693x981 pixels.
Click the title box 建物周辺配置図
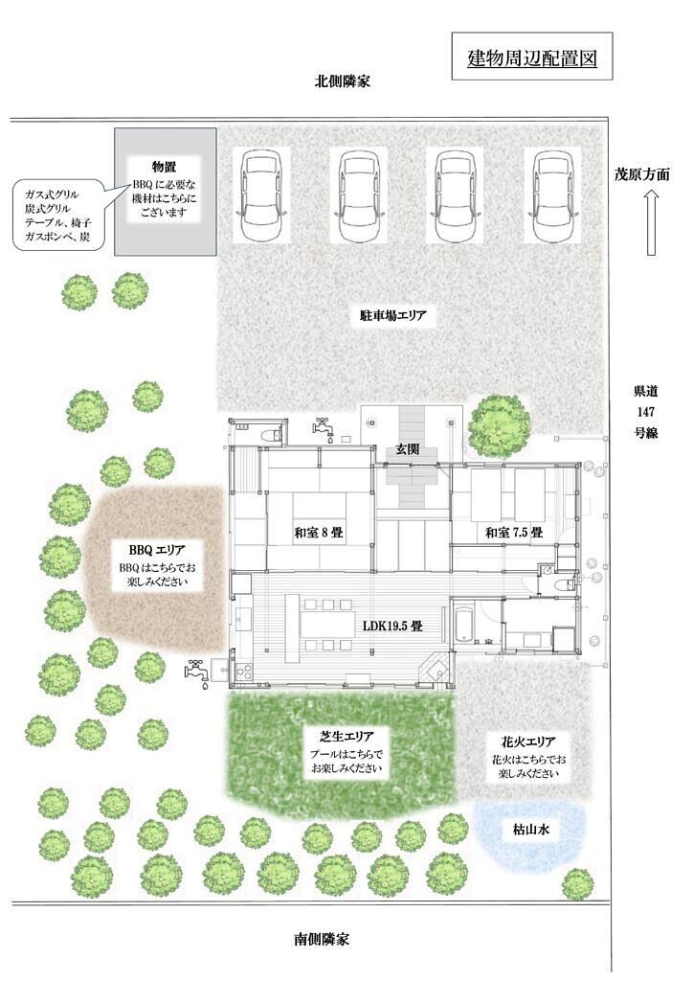click(531, 57)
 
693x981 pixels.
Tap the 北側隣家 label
click(342, 81)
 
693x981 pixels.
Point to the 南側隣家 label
click(322, 939)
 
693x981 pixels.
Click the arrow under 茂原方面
click(651, 222)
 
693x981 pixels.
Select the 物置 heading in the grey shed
click(165, 167)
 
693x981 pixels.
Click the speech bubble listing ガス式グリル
click(60, 216)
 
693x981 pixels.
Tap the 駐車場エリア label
click(392, 315)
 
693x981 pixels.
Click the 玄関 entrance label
click(407, 449)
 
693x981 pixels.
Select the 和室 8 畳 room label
click(319, 533)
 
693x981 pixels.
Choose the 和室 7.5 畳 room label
click(514, 533)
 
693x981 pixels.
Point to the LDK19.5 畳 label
click(392, 625)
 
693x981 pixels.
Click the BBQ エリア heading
click(157, 550)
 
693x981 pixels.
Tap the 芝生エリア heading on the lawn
click(346, 737)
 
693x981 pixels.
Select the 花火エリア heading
click(528, 742)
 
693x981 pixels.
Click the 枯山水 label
click(531, 830)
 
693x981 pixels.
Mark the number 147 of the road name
click(645, 412)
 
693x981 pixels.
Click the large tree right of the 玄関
click(499, 425)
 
